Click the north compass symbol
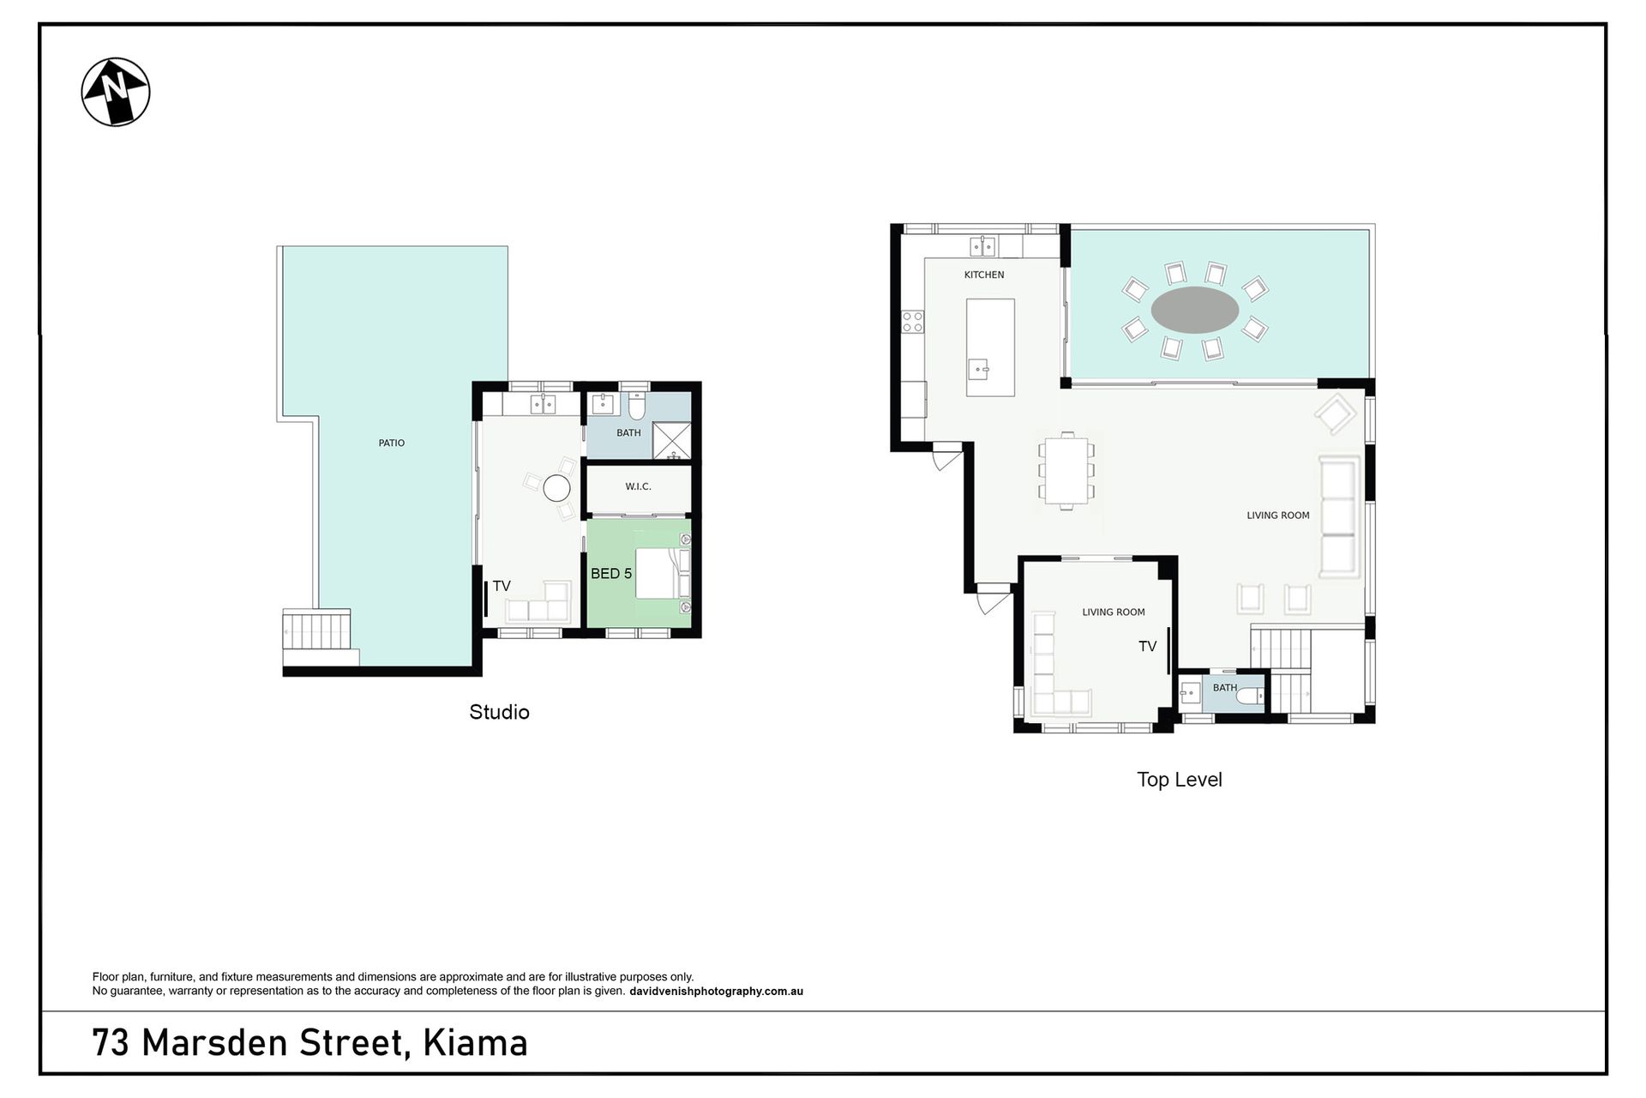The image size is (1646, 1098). pos(116,93)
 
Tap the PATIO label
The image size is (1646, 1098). pos(392,443)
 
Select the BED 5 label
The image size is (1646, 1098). pos(611,573)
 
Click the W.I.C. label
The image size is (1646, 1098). pos(638,486)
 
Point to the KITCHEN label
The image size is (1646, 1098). pos(984,274)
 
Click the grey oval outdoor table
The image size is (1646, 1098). pos(1194,310)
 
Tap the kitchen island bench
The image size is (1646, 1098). pos(990,347)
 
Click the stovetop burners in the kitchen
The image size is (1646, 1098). pos(913,322)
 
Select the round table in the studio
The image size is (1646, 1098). pos(557,489)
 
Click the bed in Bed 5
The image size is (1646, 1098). pos(662,573)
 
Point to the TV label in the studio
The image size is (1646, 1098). pos(502,586)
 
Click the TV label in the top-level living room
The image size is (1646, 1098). pos(1147,647)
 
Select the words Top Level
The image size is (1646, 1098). pos(1180,780)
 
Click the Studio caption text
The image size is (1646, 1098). pos(499,712)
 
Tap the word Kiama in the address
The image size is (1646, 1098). pos(475,1043)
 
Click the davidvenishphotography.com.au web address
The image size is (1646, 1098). pos(716,992)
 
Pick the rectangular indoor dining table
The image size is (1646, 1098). pos(1066,471)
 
